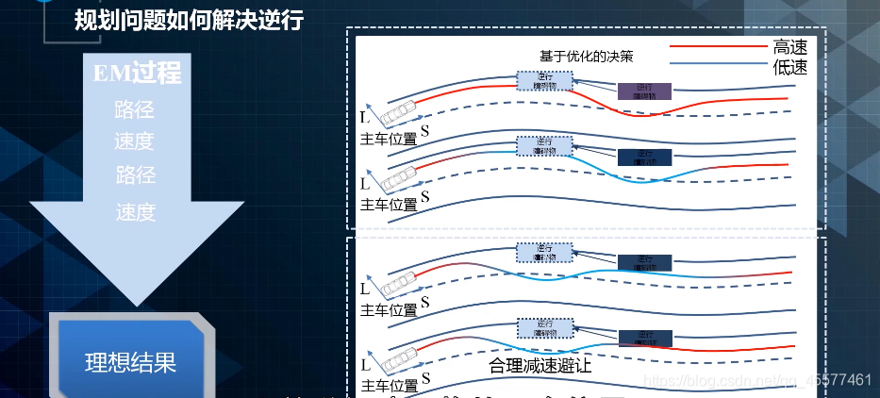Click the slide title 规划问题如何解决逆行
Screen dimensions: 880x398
coord(189,21)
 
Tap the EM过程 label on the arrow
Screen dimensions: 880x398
coord(138,73)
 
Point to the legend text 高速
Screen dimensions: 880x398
coord(789,45)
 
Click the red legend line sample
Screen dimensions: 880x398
coord(718,45)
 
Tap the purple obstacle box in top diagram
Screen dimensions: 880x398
coord(645,91)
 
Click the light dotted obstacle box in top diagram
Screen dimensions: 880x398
coord(544,80)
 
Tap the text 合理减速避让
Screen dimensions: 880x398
coord(540,365)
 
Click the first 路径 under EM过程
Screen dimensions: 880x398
coord(135,109)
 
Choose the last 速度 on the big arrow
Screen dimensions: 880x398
coord(135,212)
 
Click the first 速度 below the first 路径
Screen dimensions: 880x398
coord(135,141)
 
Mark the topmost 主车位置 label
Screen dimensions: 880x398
coord(389,139)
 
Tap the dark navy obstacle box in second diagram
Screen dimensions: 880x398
coord(645,157)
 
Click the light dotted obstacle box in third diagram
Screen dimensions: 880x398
coord(544,253)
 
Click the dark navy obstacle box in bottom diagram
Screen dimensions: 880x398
coord(645,337)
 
